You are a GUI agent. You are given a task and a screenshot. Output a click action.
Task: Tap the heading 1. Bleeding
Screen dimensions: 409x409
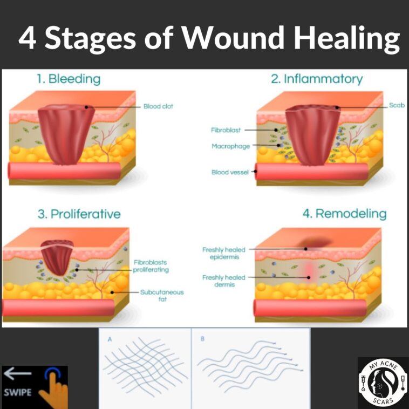[69, 79]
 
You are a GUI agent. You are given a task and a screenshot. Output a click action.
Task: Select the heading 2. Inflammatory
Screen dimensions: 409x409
[316, 79]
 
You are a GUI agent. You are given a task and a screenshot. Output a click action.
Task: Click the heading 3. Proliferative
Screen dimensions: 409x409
[79, 214]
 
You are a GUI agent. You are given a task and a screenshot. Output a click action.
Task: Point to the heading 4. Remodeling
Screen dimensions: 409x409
[344, 214]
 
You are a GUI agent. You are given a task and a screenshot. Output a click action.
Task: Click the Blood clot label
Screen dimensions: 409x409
[158, 106]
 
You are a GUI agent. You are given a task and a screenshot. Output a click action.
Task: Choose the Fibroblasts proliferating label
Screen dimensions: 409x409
[151, 266]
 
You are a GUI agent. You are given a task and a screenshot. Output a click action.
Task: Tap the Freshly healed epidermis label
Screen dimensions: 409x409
[224, 253]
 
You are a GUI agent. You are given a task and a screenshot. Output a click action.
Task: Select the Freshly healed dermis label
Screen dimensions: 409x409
[224, 281]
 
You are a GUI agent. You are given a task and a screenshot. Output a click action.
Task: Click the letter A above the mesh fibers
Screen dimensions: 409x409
[110, 340]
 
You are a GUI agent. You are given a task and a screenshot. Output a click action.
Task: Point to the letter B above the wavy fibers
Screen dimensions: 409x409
[202, 340]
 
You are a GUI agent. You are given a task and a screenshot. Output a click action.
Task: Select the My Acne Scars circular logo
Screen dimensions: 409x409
[381, 381]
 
